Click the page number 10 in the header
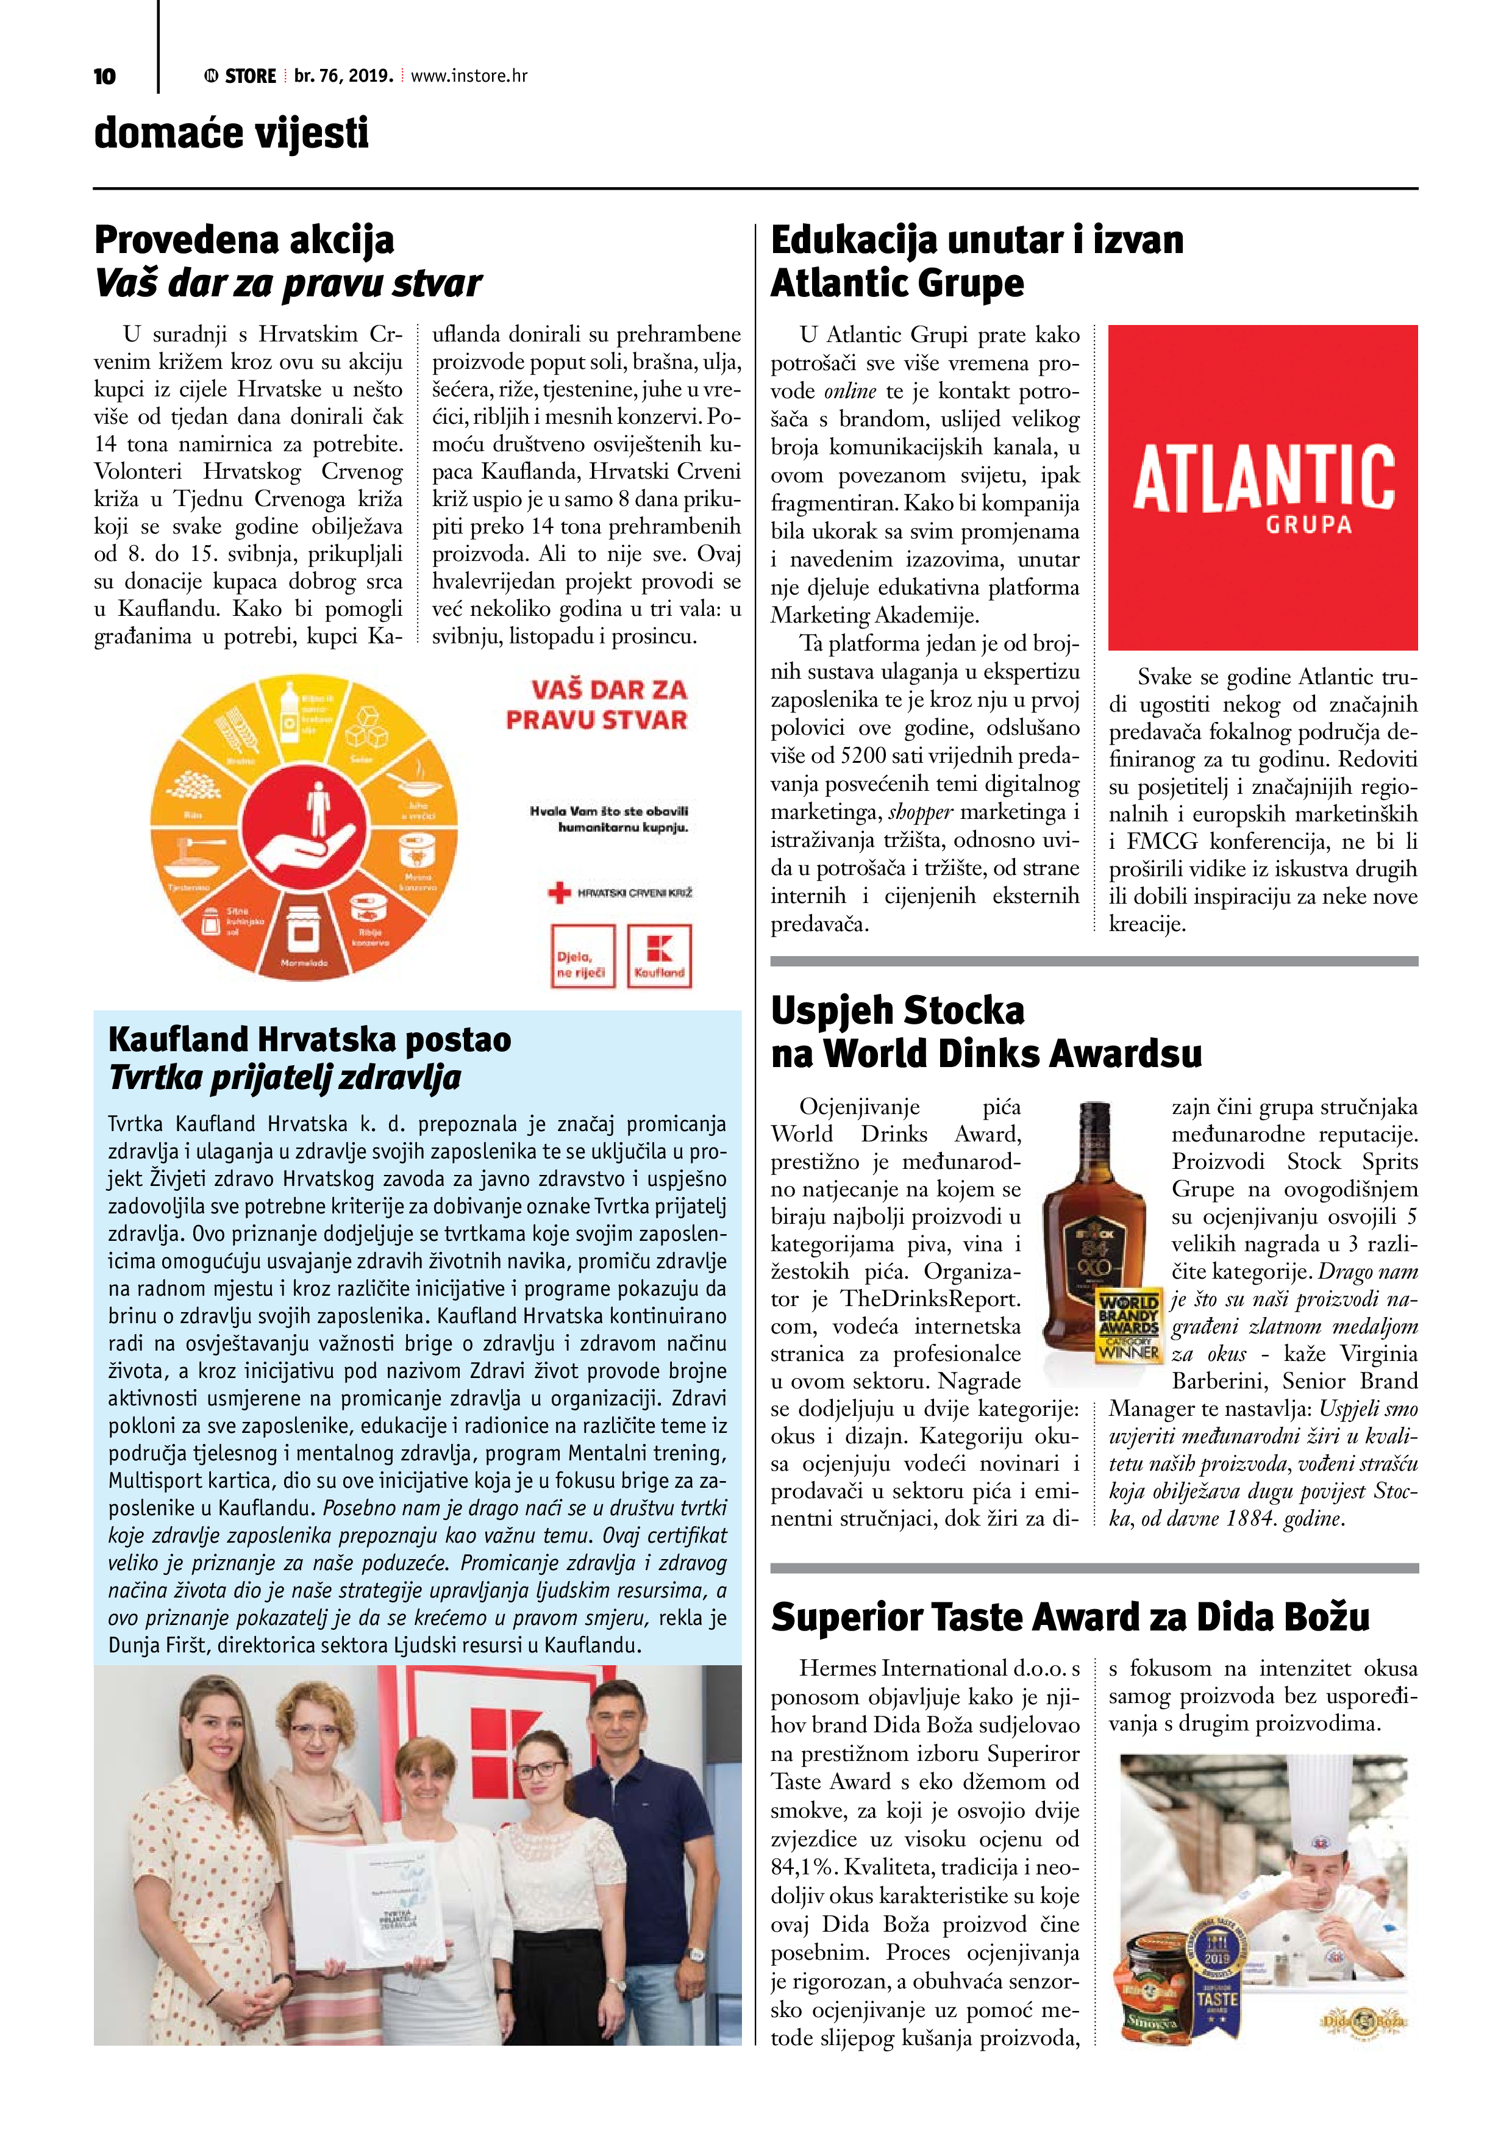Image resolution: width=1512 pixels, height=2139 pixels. tap(104, 76)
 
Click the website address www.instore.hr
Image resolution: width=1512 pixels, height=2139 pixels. tap(469, 76)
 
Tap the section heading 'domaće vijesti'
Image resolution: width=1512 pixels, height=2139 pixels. tap(231, 133)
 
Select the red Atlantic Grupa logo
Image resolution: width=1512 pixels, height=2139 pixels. tap(1262, 487)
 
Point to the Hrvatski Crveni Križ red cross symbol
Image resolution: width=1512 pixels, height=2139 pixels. tap(559, 893)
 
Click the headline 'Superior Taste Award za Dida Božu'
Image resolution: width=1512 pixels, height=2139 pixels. tap(1069, 1616)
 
